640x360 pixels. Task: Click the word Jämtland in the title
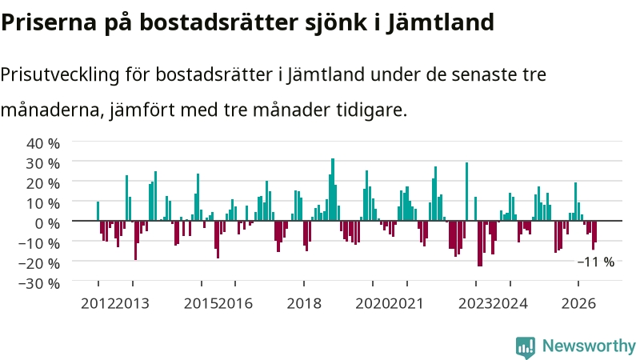pyautogui.click(x=441, y=22)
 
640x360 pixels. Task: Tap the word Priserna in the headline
pyautogui.click(x=49, y=22)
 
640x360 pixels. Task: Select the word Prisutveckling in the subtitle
pyautogui.click(x=60, y=75)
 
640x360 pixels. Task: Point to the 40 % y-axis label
pyautogui.click(x=43, y=143)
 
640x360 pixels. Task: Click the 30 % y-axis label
pyautogui.click(x=43, y=163)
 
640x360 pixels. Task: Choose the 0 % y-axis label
pyautogui.click(x=47, y=223)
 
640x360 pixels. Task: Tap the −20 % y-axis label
pyautogui.click(x=39, y=263)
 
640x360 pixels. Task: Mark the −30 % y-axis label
pyautogui.click(x=39, y=283)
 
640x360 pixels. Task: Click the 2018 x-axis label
pyautogui.click(x=304, y=303)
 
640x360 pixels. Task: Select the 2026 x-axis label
pyautogui.click(x=578, y=303)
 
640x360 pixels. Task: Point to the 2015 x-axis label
pyautogui.click(x=201, y=303)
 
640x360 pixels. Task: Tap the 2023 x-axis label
pyautogui.click(x=475, y=303)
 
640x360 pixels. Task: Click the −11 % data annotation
pyautogui.click(x=596, y=262)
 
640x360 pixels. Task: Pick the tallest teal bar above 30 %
pyautogui.click(x=333, y=190)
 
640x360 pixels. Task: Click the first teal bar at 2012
pyautogui.click(x=98, y=211)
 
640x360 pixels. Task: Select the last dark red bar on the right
pyautogui.click(x=595, y=231)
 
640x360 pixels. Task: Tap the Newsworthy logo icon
pyautogui.click(x=526, y=348)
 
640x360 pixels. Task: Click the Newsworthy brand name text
pyautogui.click(x=589, y=346)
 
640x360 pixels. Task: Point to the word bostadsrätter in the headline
pyautogui.click(x=222, y=22)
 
